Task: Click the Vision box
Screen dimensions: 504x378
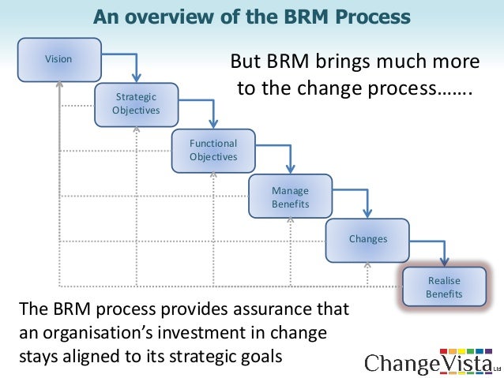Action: click(x=59, y=59)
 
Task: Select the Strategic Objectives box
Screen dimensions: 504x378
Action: click(x=136, y=103)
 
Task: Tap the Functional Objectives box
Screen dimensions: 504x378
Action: click(x=213, y=150)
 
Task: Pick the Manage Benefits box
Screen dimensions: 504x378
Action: click(x=290, y=197)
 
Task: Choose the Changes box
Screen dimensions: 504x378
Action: click(x=367, y=238)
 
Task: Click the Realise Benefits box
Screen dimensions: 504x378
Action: click(x=444, y=287)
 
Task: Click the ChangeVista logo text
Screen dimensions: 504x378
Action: click(x=427, y=363)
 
